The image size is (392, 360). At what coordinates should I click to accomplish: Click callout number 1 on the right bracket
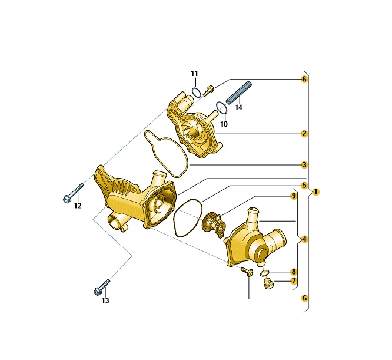(x=315, y=192)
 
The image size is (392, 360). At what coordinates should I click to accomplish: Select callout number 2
(x=304, y=134)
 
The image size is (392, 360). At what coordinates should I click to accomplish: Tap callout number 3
(x=304, y=165)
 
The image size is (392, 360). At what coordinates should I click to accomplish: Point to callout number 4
(x=304, y=239)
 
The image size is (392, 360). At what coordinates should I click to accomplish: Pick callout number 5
(x=304, y=186)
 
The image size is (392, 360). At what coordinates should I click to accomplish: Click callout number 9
(x=294, y=196)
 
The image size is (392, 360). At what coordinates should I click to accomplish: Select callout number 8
(x=294, y=272)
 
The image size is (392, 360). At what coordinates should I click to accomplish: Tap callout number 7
(x=294, y=280)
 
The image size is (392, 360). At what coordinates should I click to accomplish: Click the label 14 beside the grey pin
(x=239, y=107)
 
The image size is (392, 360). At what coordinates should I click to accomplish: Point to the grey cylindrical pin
(x=239, y=93)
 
